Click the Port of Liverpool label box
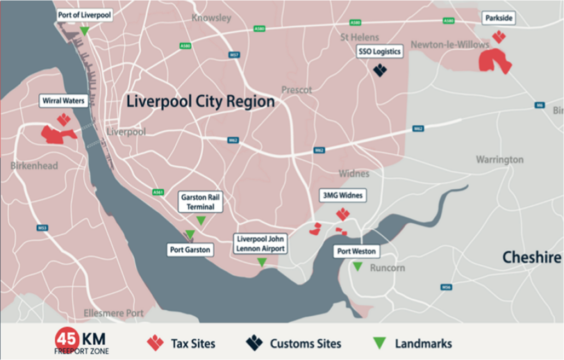click(x=85, y=15)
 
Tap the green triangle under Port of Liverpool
click(x=85, y=31)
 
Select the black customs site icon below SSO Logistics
click(x=380, y=69)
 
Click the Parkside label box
click(x=499, y=19)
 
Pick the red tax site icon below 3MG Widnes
click(x=343, y=214)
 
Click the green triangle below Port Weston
click(x=357, y=266)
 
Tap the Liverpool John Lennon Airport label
click(x=261, y=244)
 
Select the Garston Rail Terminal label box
click(x=201, y=202)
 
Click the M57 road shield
click(x=234, y=55)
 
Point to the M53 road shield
click(x=42, y=228)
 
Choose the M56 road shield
click(x=446, y=287)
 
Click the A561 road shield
click(x=158, y=191)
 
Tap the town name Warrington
click(x=499, y=160)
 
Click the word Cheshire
click(x=532, y=258)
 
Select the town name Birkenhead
click(x=34, y=165)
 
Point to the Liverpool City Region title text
click(x=200, y=102)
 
